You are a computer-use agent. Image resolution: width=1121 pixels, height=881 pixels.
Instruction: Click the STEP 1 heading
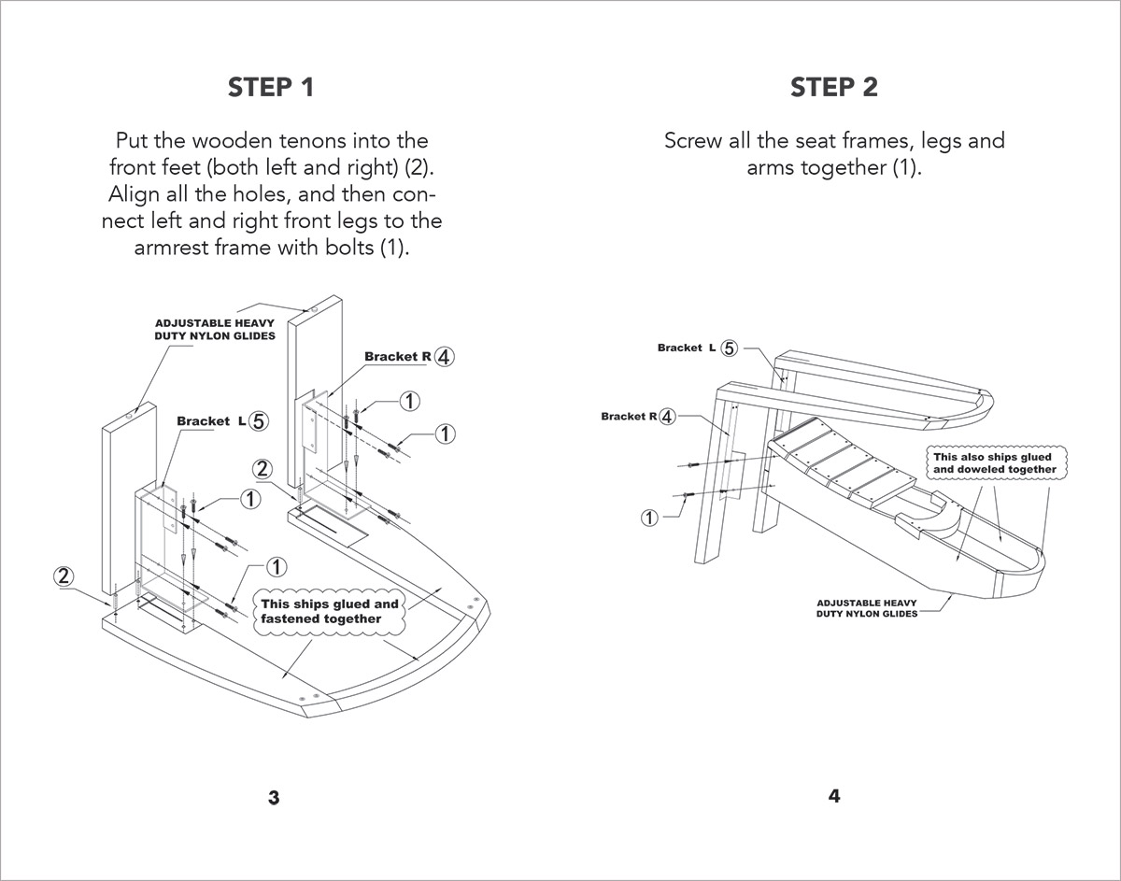(271, 88)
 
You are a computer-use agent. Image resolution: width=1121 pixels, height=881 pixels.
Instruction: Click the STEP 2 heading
(834, 88)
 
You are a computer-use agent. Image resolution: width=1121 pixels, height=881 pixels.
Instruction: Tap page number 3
(274, 798)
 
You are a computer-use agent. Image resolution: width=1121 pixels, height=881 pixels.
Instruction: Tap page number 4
(834, 796)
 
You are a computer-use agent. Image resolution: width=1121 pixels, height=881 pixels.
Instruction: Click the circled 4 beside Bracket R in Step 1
(445, 357)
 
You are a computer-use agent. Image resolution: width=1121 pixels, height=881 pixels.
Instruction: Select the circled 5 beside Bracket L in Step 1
(259, 421)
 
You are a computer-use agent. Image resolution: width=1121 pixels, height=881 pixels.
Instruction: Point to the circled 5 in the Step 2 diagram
(730, 348)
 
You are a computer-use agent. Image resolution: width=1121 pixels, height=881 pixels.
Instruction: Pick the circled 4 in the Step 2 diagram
(666, 417)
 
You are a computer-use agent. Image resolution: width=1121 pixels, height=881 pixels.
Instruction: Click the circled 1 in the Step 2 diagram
(650, 517)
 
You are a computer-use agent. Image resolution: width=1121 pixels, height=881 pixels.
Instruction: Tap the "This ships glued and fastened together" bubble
(329, 611)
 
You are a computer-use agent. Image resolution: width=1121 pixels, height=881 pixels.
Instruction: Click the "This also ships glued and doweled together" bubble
(994, 463)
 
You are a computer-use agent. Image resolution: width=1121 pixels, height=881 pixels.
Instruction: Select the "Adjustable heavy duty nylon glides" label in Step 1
(215, 329)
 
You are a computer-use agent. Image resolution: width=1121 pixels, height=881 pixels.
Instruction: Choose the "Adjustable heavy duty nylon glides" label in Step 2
(867, 608)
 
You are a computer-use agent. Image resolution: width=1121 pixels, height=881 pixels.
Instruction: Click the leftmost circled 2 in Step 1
(64, 575)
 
